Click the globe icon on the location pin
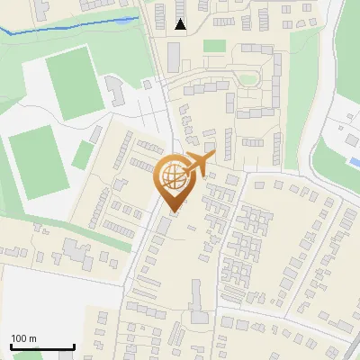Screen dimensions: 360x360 coord(171,176)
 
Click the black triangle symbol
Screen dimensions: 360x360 coord(181,24)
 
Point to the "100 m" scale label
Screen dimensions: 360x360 coord(23,338)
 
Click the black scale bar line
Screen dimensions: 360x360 coord(41,347)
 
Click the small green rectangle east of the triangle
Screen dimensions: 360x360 coord(213,45)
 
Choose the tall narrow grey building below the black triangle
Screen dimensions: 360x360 coord(173,58)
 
